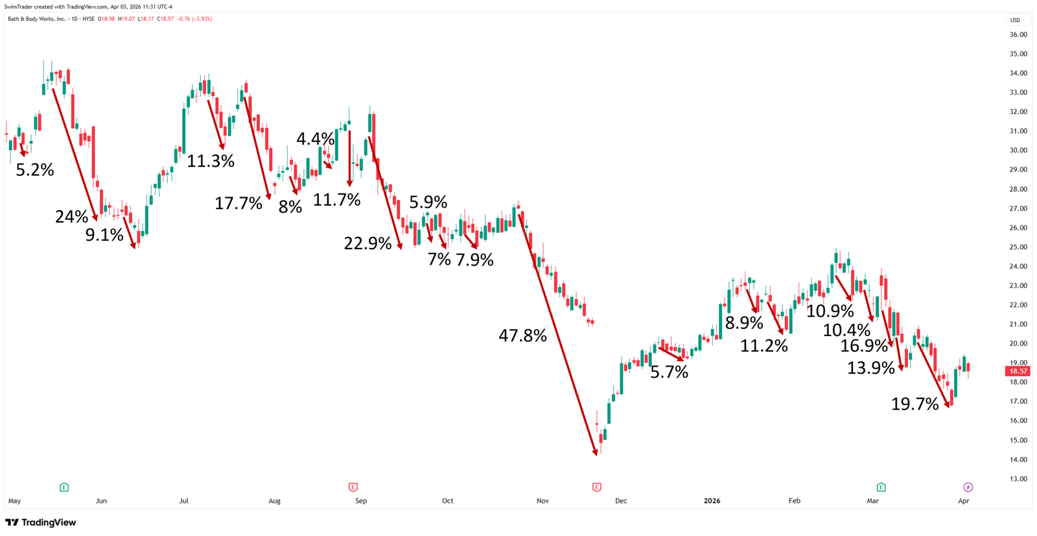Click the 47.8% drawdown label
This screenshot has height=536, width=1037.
pos(522,335)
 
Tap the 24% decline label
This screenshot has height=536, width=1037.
pos(71,217)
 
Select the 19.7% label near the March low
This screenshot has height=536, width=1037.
pos(915,404)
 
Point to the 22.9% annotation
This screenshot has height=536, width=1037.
pos(367,244)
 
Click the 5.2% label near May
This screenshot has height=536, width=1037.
pos(35,170)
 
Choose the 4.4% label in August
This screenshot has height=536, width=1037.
pos(315,139)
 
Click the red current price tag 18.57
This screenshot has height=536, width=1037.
pos(1017,371)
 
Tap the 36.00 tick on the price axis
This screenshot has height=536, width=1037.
pos(1018,35)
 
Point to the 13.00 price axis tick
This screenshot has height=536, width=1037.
pos(1018,479)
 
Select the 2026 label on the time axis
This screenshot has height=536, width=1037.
pos(712,501)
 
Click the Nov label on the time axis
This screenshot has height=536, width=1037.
pos(542,501)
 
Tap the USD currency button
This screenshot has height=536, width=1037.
pos(1015,20)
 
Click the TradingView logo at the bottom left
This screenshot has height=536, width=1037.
pos(41,522)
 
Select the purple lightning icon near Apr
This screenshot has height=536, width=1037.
pos(968,487)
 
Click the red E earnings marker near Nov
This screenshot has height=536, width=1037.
pos(596,487)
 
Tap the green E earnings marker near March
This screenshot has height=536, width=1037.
pos(881,487)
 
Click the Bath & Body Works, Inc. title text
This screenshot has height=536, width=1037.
pos(36,19)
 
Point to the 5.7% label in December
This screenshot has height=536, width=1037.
pos(669,372)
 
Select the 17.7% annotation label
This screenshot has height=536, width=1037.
pos(239,204)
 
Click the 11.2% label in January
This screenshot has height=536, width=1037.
pos(764,346)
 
